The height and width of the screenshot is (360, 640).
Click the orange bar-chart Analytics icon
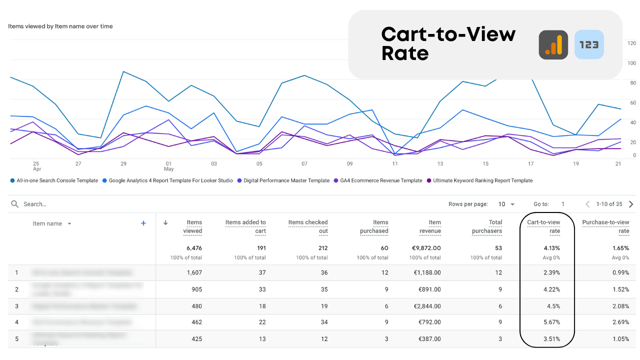coord(553,45)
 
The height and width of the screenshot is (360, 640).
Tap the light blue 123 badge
coord(589,45)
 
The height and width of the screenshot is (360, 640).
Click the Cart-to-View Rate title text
coord(448,43)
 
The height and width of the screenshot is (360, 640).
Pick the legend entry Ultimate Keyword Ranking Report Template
coord(479,180)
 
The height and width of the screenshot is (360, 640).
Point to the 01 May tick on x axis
coord(169,166)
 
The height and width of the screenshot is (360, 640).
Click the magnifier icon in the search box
coord(15,204)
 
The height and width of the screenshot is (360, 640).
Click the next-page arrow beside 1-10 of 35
coord(631,204)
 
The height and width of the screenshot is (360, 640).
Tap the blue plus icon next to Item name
coord(143,223)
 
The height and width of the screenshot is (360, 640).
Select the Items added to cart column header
coord(245,226)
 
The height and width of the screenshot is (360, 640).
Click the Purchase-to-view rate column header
coord(605,226)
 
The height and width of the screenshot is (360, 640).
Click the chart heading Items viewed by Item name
coord(60,26)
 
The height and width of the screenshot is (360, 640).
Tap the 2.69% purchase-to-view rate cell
coord(620,322)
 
